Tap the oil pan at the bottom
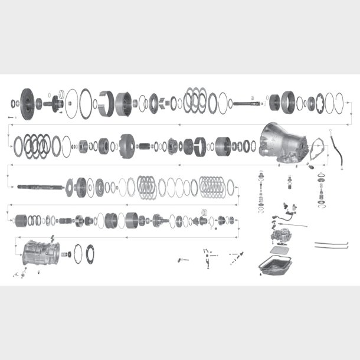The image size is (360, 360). pyautogui.click(x=276, y=263)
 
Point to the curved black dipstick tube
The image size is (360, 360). pyautogui.click(x=339, y=155)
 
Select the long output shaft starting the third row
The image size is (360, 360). pyautogui.click(x=38, y=187)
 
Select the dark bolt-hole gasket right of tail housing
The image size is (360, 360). pyautogui.click(x=90, y=253)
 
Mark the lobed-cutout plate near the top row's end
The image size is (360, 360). pyautogui.click(x=319, y=104)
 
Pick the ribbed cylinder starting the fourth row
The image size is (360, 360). pyautogui.click(x=22, y=221)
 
